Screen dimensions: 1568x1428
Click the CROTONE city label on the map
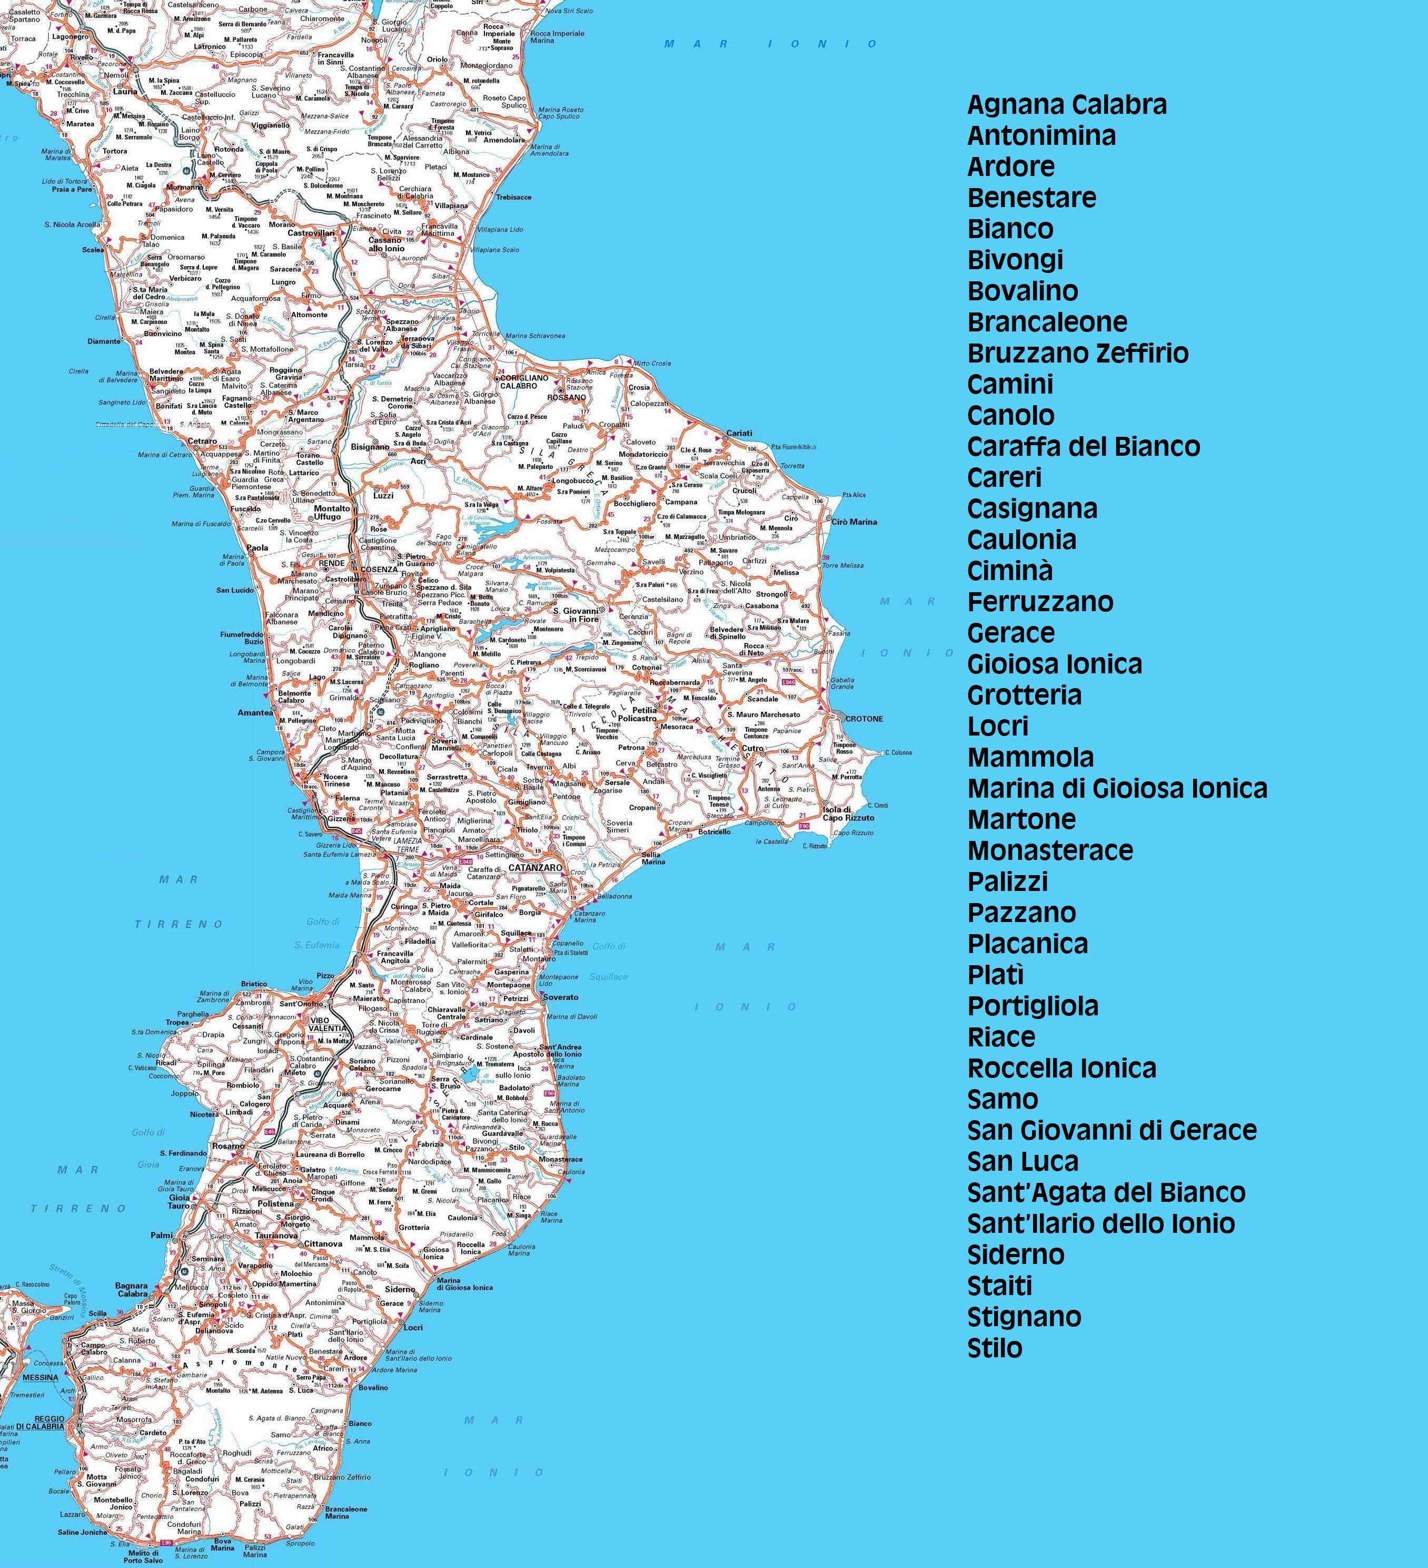coord(864,719)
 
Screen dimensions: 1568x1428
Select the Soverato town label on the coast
coord(560,997)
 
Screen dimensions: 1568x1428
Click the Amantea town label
coord(256,712)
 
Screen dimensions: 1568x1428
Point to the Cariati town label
coord(739,433)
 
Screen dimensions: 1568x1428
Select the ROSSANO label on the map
coord(567,397)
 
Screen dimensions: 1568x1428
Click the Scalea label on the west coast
coord(93,250)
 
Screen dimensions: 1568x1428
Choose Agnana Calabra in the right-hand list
coord(1067,105)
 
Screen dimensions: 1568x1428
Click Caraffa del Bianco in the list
coord(1083,446)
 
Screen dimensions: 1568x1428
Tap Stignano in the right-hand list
coord(1024,1317)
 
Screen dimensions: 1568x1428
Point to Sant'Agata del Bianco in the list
coord(1105,1192)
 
